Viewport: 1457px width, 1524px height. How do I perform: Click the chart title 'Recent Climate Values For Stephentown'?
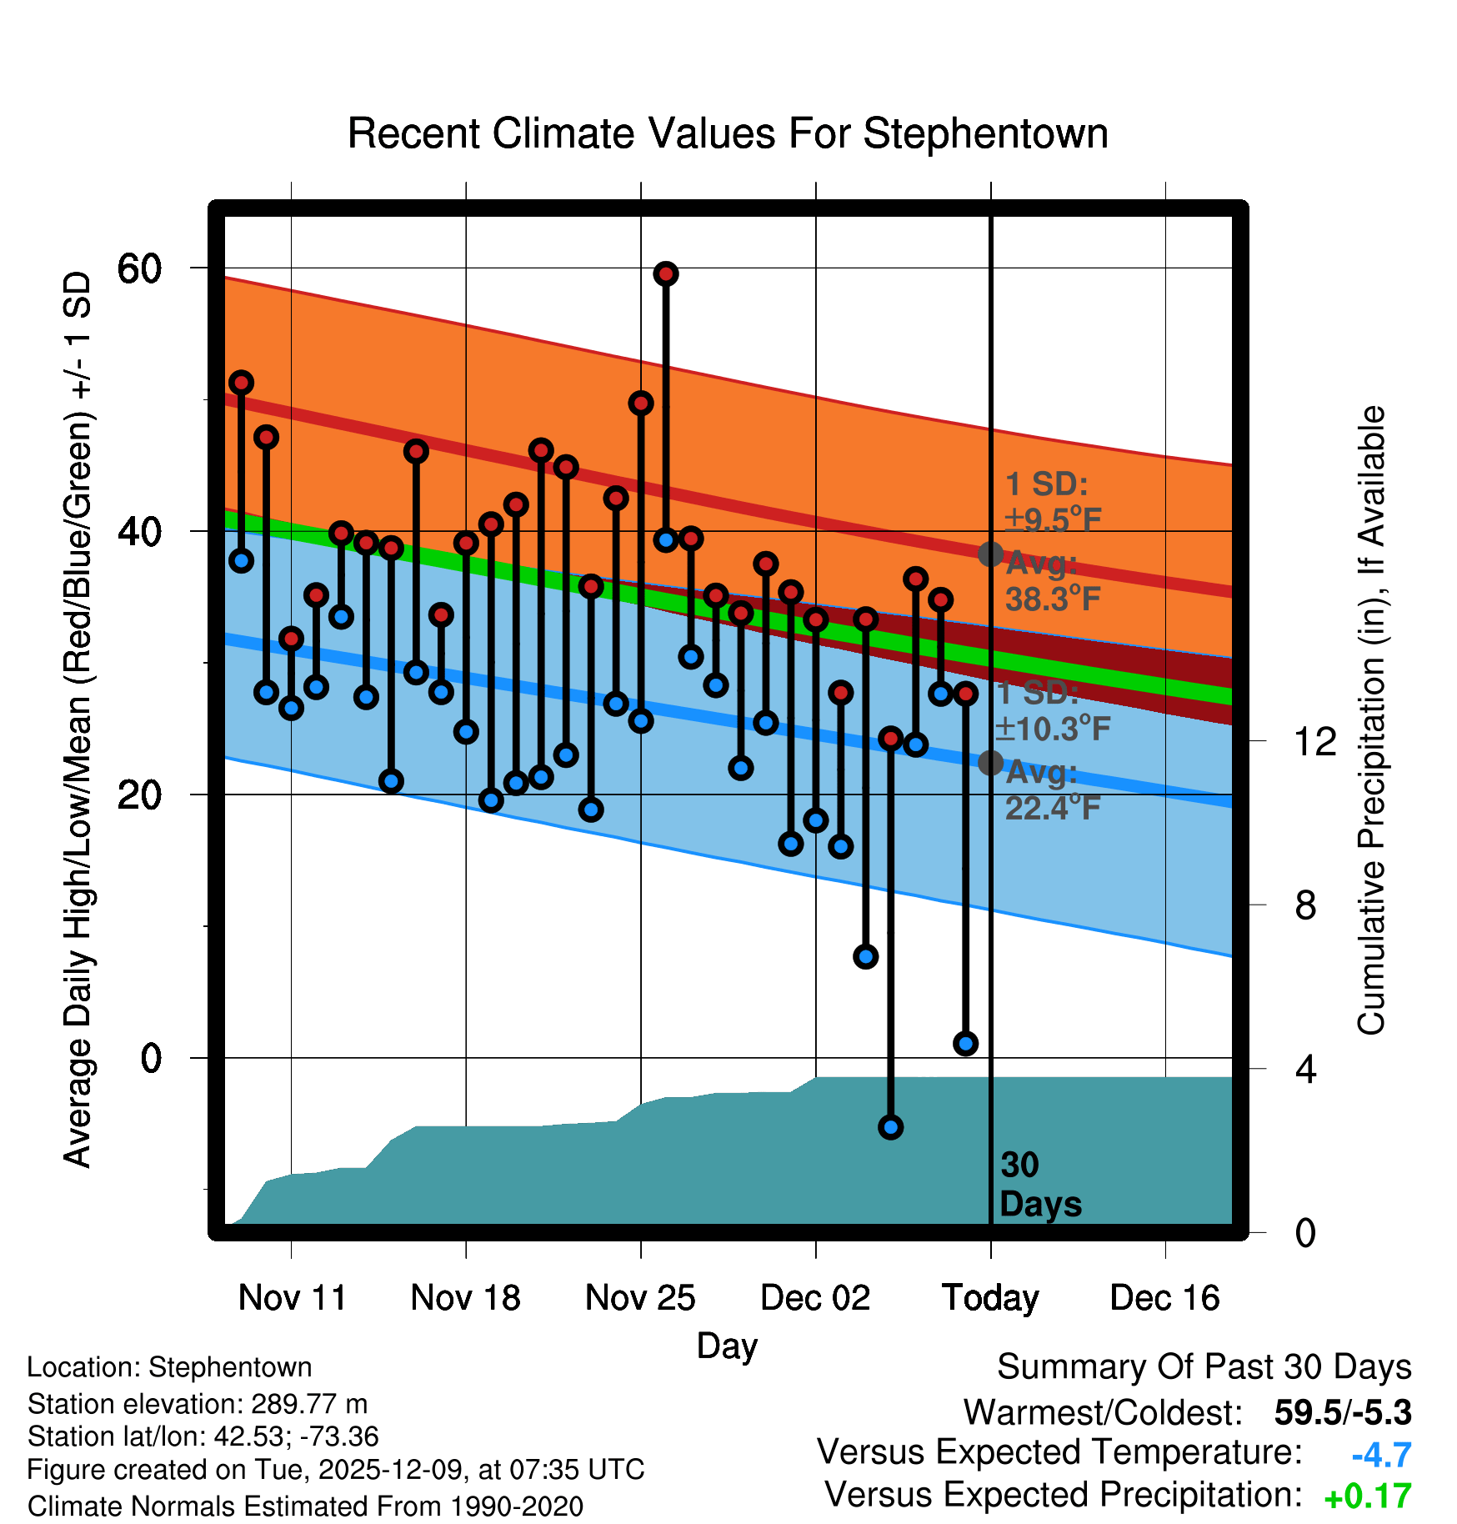coord(728,134)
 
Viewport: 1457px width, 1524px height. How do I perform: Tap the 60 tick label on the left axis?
coord(139,268)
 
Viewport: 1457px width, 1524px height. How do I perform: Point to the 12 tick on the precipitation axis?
coord(1315,741)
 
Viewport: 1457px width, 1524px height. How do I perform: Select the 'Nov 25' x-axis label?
coord(640,1297)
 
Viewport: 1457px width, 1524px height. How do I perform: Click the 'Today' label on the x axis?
coord(990,1297)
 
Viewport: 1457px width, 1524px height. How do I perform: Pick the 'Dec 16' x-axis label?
coord(1164,1297)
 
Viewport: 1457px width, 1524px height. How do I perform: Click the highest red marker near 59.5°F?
coord(665,273)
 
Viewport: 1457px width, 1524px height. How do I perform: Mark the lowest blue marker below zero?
coord(890,1127)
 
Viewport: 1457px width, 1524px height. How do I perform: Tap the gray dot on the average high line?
coord(990,554)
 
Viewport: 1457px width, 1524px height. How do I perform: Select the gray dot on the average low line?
coord(990,762)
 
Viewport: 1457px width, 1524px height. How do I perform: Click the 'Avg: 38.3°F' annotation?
coord(1052,581)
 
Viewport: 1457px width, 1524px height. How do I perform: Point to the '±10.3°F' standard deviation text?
coord(1054,729)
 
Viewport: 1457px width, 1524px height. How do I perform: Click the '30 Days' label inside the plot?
coord(1039,1185)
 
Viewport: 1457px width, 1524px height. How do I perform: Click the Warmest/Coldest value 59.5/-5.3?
coord(1342,1412)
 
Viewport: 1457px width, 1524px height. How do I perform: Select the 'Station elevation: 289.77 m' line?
coord(198,1404)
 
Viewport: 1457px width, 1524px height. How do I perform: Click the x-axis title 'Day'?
coord(727,1346)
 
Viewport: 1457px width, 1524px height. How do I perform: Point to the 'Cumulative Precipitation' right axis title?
coord(1371,720)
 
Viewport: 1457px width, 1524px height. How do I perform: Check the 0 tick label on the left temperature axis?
coord(151,1058)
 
